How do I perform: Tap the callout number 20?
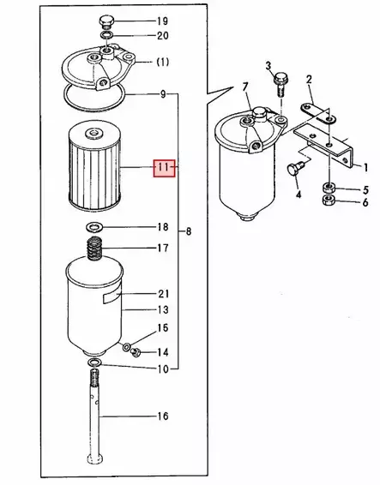point(163,36)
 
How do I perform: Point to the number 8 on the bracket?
point(189,231)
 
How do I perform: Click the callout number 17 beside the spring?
point(163,248)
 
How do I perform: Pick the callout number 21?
point(163,293)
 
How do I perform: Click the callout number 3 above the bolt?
point(268,66)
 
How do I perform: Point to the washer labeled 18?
point(93,227)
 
